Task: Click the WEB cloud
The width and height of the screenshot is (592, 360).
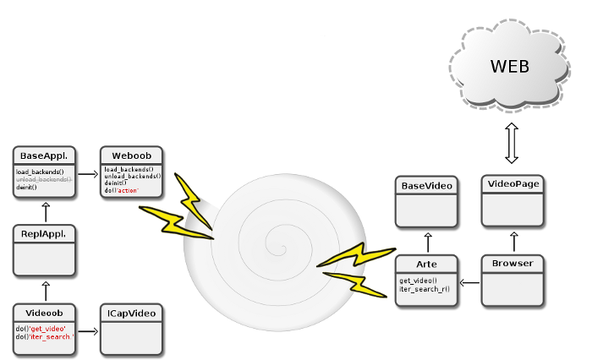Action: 510,67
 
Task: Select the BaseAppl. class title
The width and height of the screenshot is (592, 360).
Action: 44,155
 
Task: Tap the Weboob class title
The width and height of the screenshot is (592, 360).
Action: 131,155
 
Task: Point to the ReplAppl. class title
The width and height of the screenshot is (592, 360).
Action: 44,233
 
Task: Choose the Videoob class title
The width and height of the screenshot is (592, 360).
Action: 44,313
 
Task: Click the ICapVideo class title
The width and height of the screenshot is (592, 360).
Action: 131,313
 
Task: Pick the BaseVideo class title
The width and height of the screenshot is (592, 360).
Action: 427,185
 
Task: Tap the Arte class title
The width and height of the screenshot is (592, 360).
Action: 427,264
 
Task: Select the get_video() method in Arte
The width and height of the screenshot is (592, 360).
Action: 418,281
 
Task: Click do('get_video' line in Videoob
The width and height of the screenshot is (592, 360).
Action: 41,328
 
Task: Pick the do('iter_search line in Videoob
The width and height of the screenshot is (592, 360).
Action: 44,336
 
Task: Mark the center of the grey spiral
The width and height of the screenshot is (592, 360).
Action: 272,246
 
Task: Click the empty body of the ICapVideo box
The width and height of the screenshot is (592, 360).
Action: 131,338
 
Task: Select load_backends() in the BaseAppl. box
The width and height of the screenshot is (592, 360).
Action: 40,172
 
